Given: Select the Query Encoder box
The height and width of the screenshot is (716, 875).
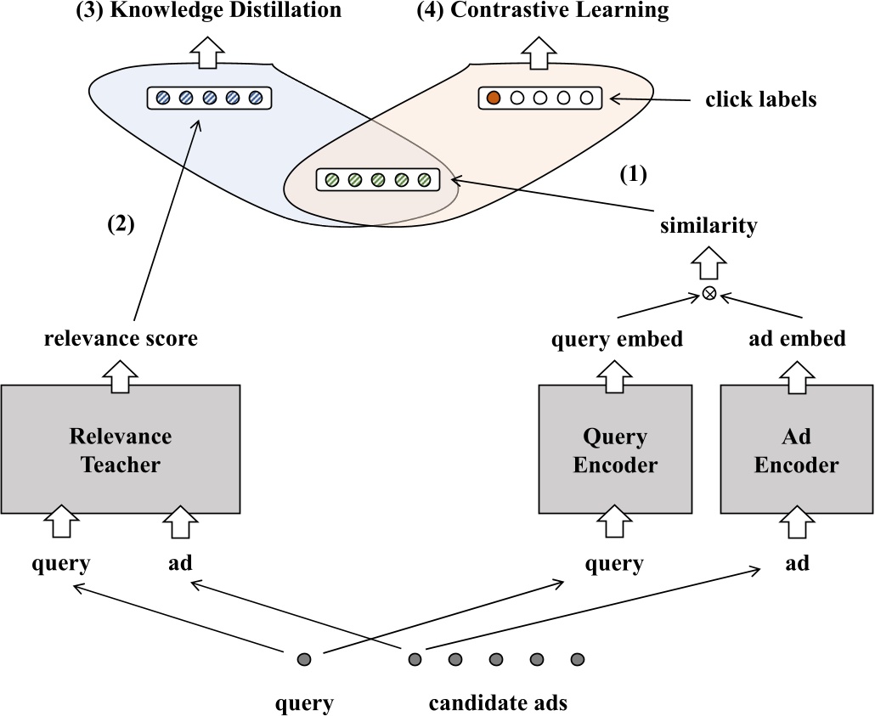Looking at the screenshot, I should pyautogui.click(x=615, y=450).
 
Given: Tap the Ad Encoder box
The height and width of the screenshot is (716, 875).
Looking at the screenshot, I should pyautogui.click(x=797, y=450).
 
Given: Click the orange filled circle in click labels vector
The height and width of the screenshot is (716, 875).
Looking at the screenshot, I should pyautogui.click(x=492, y=99).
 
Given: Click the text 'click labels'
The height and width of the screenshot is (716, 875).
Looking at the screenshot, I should pyautogui.click(x=760, y=99).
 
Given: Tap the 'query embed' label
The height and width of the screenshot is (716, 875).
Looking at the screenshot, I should pyautogui.click(x=617, y=339).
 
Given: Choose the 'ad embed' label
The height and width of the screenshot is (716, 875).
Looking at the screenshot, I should pyautogui.click(x=797, y=339).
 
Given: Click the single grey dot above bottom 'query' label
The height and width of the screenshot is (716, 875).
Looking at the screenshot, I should pyautogui.click(x=304, y=659).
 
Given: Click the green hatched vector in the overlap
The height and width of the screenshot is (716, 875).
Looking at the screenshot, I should pyautogui.click(x=378, y=180).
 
